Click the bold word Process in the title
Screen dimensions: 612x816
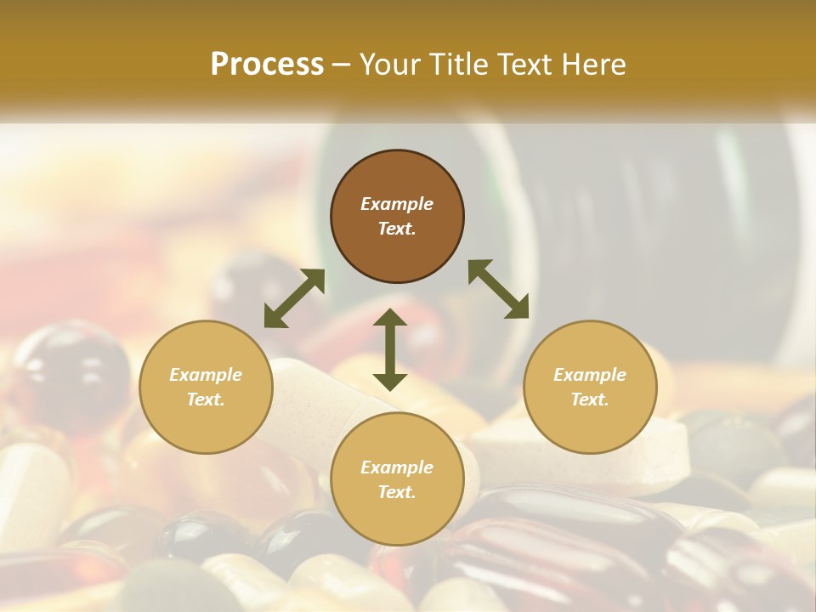point(267,65)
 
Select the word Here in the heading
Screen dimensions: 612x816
point(592,65)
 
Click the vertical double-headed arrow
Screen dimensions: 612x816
point(390,349)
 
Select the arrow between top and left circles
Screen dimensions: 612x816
point(294,298)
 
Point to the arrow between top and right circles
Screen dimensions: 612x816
point(499,289)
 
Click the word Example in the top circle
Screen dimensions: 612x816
point(397,204)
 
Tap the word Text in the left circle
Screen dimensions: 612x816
point(206,399)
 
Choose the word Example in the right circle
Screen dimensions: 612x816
point(590,375)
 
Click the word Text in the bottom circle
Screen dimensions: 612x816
point(397,492)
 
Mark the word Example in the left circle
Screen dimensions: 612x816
point(206,375)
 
